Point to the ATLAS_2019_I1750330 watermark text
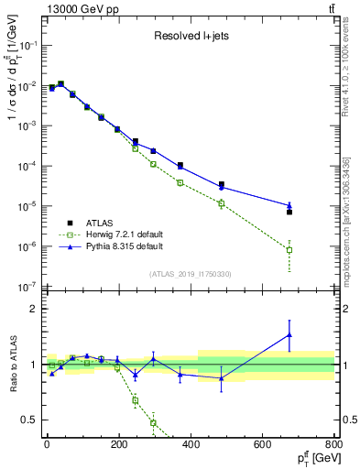point(190,273)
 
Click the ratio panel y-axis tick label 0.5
point(29,420)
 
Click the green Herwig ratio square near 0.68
point(136,400)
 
